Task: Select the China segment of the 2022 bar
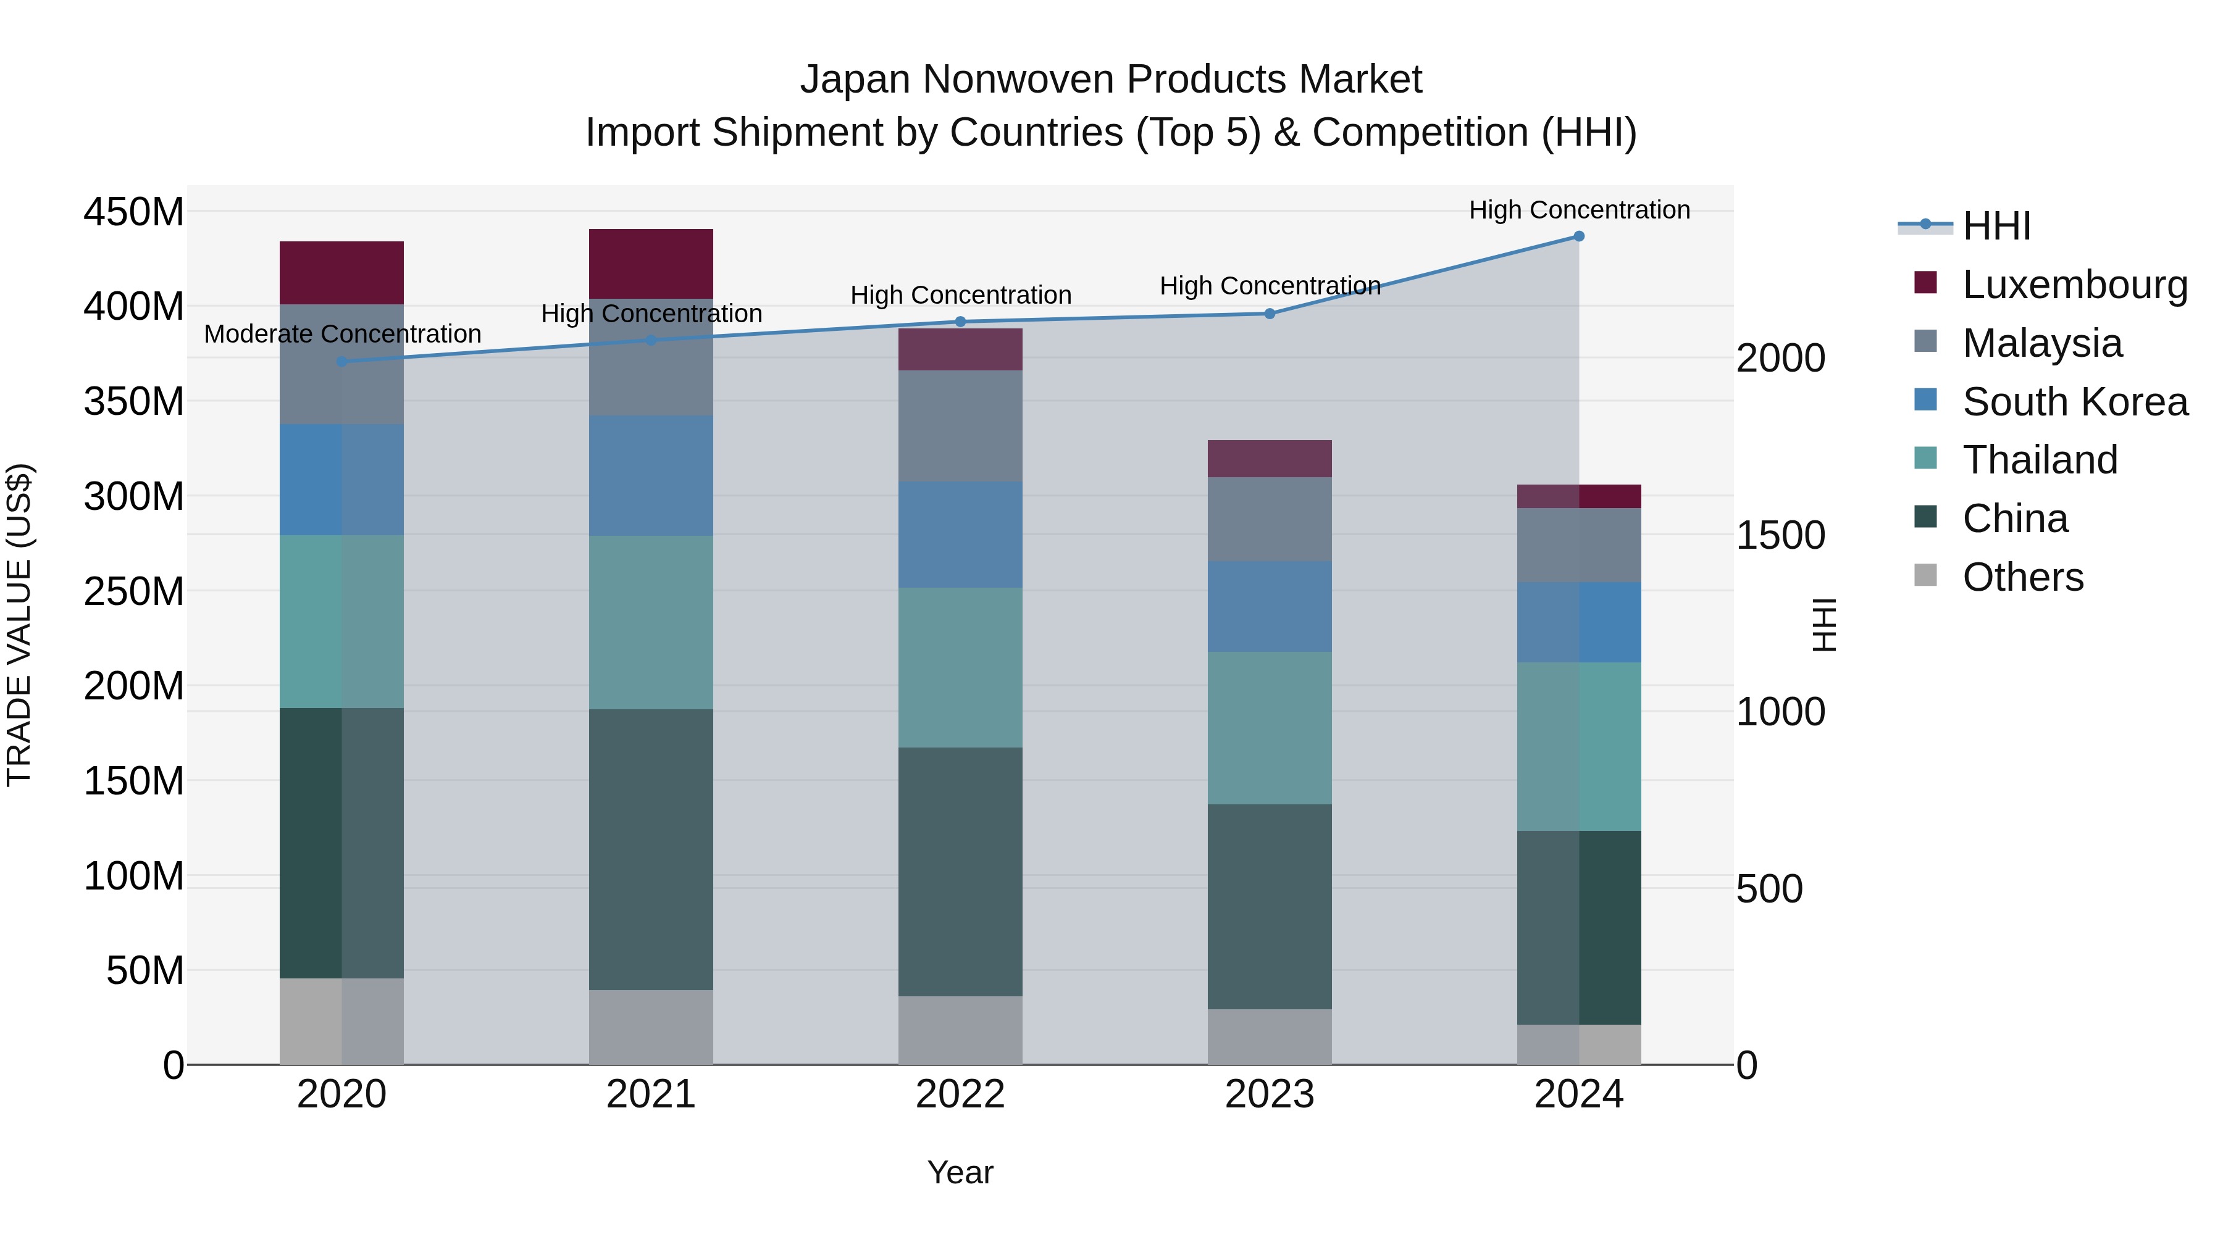[960, 871]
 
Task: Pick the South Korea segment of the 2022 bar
[960, 534]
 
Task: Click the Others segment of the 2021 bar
[651, 1027]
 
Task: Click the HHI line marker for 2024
[1578, 236]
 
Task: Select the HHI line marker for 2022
[960, 322]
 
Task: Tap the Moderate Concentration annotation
[343, 334]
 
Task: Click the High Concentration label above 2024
[1578, 210]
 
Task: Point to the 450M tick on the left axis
[134, 211]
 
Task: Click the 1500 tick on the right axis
[1780, 536]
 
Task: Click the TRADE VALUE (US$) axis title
[20, 625]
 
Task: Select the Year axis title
[960, 1172]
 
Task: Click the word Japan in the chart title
[855, 80]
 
